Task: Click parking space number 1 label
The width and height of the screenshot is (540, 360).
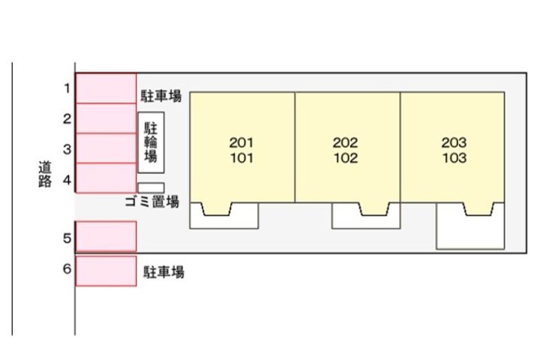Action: coord(67,88)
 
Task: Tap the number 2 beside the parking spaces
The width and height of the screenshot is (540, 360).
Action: coord(67,118)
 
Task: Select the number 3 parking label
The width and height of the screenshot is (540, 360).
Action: coord(67,149)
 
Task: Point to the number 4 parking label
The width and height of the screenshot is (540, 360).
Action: coord(67,180)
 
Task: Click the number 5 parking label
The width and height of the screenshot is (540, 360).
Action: coord(67,238)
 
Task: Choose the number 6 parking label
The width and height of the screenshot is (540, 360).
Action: coord(67,268)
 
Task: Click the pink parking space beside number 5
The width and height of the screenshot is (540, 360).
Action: coord(106,236)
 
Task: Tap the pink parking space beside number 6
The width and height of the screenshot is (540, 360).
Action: coord(106,271)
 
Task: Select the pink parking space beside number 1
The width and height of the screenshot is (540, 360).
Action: coord(106,88)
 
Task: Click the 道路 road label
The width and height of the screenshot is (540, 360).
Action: coord(45,174)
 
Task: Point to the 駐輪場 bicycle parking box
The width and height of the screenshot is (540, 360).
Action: coord(151,142)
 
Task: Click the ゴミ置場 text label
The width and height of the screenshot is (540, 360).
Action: coord(151,202)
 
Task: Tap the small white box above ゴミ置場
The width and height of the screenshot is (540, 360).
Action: coord(151,187)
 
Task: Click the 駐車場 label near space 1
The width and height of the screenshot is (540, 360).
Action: coord(160,96)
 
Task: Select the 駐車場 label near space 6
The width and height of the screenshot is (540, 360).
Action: coord(163,271)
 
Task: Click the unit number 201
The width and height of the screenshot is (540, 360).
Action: coord(241,142)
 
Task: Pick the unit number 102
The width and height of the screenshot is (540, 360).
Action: coord(346,157)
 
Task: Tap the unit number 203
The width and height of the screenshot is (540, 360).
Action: coord(454,142)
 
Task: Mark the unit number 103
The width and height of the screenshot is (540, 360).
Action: coord(454,157)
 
